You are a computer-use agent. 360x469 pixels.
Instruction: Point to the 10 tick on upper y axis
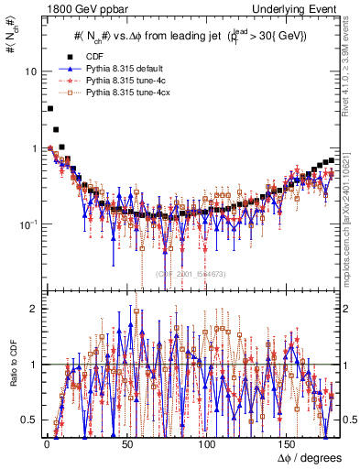point(30,71)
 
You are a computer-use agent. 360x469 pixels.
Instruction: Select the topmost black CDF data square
point(49,109)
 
